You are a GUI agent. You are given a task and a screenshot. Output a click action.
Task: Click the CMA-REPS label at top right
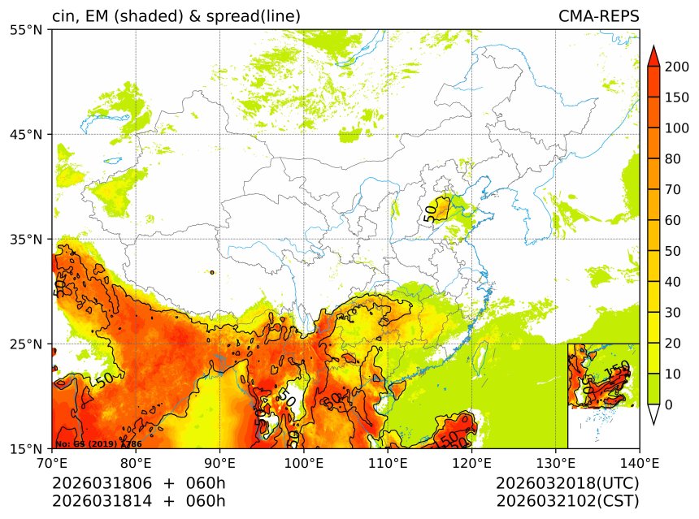pos(598,16)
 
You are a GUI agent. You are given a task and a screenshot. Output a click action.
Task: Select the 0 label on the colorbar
pos(668,404)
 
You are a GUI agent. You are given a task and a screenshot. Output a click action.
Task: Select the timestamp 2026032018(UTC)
pos(567,483)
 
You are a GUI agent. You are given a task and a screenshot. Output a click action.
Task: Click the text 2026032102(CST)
pos(567,501)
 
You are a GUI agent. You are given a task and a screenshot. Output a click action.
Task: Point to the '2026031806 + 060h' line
pos(139,483)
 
